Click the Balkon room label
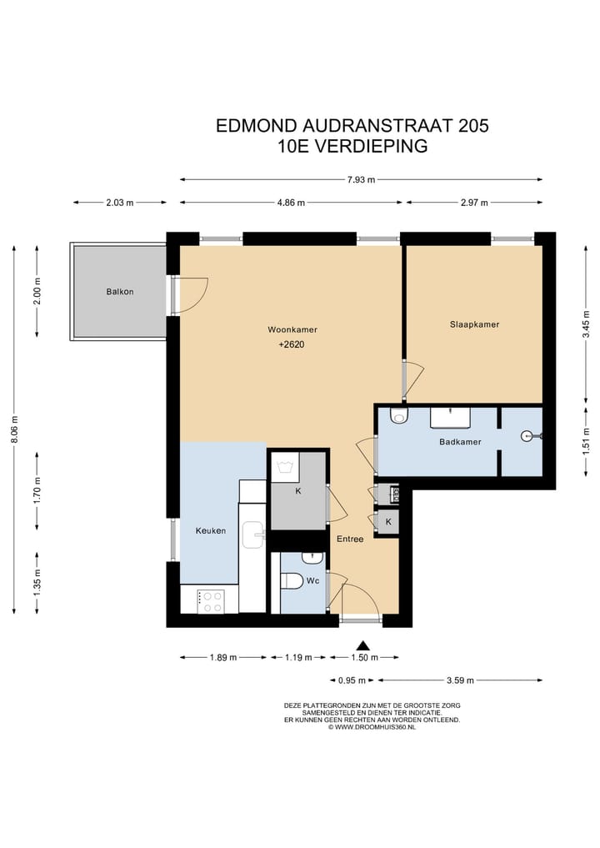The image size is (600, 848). click(x=120, y=292)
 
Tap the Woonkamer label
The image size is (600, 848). click(x=292, y=329)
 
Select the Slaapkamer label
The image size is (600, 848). click(x=475, y=324)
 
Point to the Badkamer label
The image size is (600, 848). click(x=460, y=442)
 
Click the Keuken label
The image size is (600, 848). click(x=211, y=530)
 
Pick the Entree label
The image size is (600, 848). click(x=350, y=539)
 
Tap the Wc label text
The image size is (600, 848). click(x=313, y=581)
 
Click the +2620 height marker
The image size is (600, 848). click(x=292, y=344)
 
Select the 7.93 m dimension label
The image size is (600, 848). click(x=361, y=179)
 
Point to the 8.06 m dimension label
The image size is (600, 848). click(x=15, y=429)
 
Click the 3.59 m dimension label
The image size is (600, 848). click(x=461, y=680)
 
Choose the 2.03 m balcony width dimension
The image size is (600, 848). click(x=119, y=203)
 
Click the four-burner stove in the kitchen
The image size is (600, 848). click(x=211, y=601)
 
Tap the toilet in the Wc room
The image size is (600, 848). click(x=292, y=581)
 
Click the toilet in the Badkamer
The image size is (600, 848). click(x=399, y=415)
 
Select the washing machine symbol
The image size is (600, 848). click(x=284, y=467)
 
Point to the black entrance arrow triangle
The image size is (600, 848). click(x=362, y=645)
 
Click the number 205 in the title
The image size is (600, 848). click(x=473, y=125)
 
